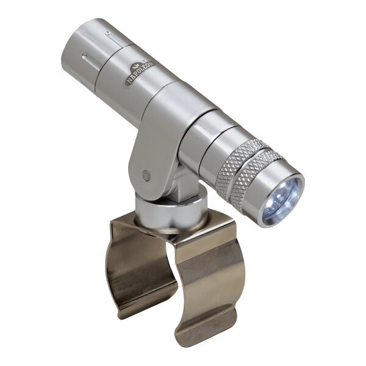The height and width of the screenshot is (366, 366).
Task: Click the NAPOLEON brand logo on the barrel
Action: point(139,73)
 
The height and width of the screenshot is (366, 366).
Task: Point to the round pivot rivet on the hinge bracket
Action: point(146,175)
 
